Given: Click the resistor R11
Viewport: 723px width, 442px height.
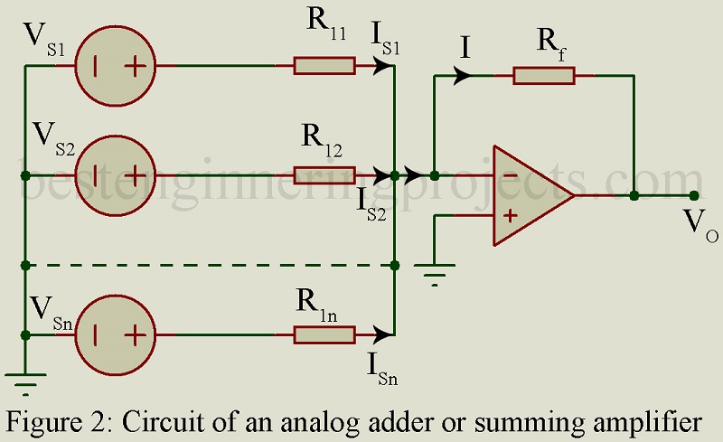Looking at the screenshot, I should (x=323, y=66).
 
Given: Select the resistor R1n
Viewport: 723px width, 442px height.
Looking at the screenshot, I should (x=323, y=334).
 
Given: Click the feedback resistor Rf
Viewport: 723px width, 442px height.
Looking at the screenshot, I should (x=543, y=75).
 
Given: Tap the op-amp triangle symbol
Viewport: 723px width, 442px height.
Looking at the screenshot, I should (x=529, y=194).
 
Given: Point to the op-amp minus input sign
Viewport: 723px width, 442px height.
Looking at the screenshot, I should (x=510, y=174).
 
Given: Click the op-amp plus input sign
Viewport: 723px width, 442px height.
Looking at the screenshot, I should (x=510, y=215).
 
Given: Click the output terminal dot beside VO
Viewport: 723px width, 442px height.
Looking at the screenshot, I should (x=693, y=194).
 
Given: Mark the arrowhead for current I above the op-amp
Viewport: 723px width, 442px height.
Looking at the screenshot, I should (x=465, y=75).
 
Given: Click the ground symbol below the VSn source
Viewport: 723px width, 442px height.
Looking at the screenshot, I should (x=25, y=384).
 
